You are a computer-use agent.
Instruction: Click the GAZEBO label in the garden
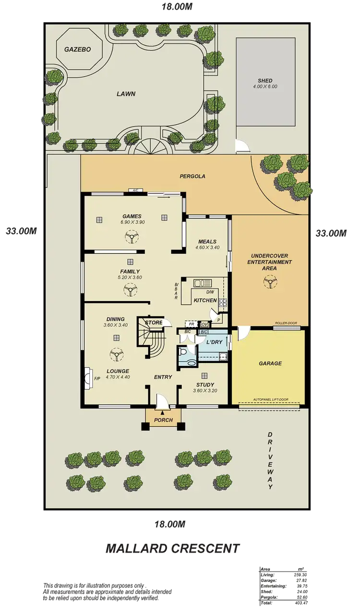[74, 49]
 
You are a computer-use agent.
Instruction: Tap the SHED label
[265, 81]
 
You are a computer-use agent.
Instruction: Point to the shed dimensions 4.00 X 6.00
[265, 87]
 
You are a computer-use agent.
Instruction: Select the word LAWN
[126, 94]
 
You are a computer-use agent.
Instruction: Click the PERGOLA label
[192, 176]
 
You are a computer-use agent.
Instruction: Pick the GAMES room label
[132, 216]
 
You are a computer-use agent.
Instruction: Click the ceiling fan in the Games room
[131, 236]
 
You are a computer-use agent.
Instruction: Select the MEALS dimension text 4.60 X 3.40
[207, 248]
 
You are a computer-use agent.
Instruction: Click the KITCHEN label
[205, 300]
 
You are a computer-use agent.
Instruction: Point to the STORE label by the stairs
[154, 323]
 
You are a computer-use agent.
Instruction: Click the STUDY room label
[205, 385]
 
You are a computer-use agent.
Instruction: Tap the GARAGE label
[270, 364]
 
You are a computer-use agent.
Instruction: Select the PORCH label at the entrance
[163, 420]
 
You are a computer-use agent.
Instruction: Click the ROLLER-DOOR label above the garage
[287, 323]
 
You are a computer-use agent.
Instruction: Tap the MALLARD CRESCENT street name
[172, 548]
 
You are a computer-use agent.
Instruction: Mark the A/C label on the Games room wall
[135, 191]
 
